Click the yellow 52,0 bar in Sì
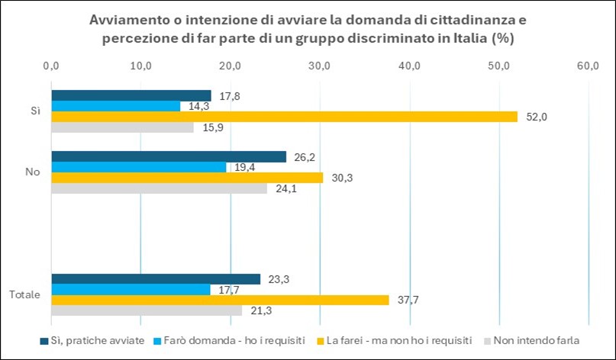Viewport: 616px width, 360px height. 285,117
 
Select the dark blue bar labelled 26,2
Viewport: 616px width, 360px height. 169,156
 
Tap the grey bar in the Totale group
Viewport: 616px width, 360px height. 147,310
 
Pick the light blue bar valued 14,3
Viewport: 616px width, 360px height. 116,106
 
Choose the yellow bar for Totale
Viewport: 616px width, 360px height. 221,300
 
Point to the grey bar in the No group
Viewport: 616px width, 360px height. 160,188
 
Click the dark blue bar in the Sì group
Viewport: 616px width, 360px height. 131,96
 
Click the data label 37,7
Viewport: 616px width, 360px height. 408,301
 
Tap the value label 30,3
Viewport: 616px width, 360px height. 342,178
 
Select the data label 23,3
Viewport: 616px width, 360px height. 279,279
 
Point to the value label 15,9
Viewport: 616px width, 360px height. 213,127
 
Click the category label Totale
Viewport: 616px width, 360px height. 24,295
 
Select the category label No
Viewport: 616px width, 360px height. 33,172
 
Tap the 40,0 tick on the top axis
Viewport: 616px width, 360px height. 410,66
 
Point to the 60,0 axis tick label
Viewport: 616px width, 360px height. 589,66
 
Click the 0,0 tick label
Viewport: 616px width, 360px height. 51,66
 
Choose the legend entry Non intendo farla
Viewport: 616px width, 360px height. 532,340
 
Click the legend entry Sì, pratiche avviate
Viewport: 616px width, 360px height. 92,340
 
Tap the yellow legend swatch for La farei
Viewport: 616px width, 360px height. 320,341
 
